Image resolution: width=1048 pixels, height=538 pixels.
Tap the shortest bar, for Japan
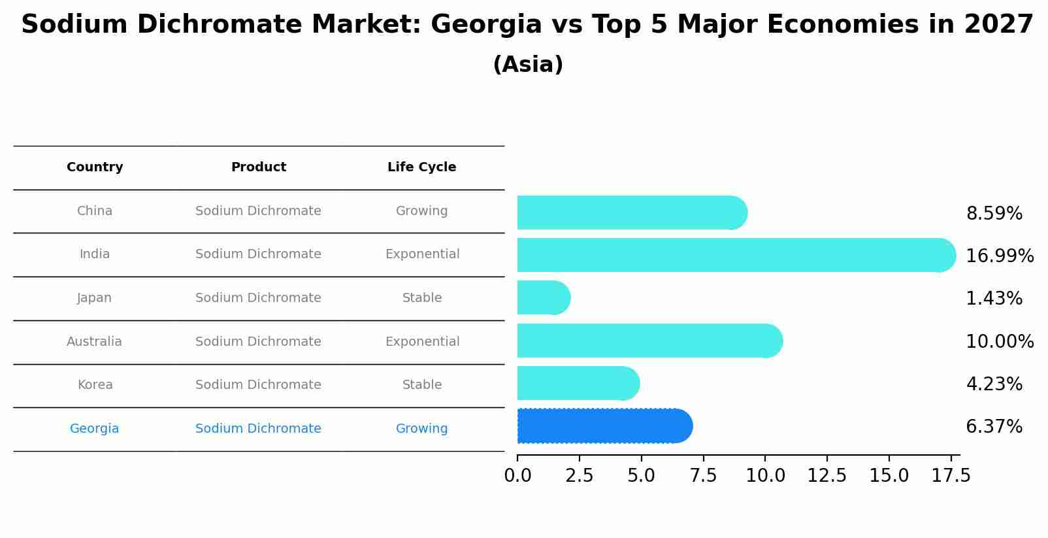543,297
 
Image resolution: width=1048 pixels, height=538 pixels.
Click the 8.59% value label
994,214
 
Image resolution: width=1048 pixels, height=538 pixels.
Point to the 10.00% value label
999,342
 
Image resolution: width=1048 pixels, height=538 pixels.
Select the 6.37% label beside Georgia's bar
994,427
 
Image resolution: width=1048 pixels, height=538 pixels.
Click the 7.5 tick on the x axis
703,476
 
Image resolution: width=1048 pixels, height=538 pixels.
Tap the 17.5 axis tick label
951,476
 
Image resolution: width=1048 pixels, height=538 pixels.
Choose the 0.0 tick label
517,476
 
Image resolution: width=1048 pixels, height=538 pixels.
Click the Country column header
95,167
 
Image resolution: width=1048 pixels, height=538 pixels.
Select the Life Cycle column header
421,167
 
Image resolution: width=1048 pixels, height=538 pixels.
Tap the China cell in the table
95,211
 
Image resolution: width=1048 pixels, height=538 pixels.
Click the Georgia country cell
94,429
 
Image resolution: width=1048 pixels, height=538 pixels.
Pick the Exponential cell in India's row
422,254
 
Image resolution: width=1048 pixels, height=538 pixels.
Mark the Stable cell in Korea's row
422,385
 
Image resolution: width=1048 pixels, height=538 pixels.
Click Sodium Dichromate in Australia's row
258,342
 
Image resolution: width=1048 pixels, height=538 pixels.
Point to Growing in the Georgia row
421,429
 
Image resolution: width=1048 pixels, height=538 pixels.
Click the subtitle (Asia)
528,65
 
